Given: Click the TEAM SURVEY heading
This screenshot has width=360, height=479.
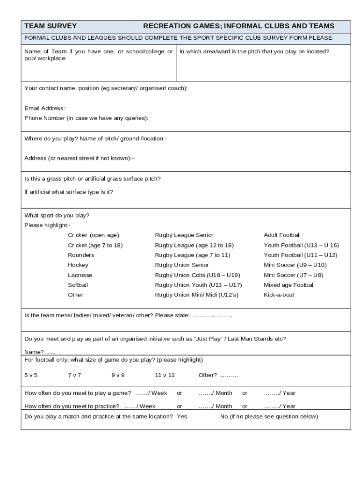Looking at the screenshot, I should (x=50, y=26).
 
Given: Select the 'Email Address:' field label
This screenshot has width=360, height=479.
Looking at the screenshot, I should (x=45, y=108).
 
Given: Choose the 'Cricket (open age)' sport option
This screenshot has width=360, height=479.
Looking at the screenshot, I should (x=94, y=235).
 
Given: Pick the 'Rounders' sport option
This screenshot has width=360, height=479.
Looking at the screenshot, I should (x=81, y=255).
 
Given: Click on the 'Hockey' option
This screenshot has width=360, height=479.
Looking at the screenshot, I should (x=78, y=265).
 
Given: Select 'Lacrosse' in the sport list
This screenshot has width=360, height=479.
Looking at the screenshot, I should (x=80, y=275).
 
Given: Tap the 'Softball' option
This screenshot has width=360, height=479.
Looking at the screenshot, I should (x=78, y=285).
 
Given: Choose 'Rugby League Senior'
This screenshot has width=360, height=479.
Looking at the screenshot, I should (x=184, y=235).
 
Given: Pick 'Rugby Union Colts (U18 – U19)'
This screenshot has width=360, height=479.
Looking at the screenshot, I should (x=197, y=275).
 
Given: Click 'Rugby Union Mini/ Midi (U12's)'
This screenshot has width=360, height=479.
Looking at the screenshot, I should (x=196, y=295).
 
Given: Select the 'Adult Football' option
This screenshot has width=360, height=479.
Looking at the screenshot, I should (x=282, y=235).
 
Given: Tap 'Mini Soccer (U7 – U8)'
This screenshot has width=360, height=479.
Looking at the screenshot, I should (x=293, y=275).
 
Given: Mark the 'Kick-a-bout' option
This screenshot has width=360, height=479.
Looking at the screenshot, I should (x=279, y=295).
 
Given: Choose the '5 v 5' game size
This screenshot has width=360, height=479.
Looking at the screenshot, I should (x=31, y=375).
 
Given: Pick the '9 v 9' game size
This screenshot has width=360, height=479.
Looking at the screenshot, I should (x=118, y=375).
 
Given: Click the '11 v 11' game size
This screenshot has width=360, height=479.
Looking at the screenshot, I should (x=165, y=375).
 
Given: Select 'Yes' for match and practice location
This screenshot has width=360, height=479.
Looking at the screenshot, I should (x=182, y=416).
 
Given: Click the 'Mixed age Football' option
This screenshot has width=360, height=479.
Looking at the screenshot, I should (x=289, y=285).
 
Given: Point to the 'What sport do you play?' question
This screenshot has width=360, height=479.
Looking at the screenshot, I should (x=57, y=216).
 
